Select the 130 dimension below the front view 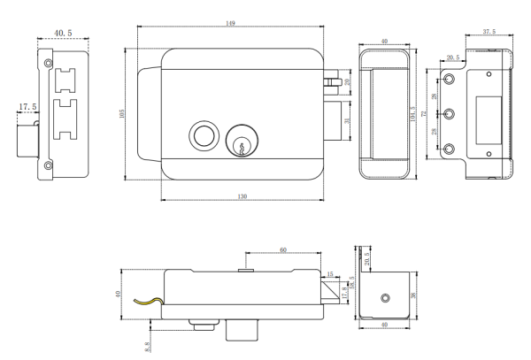point(242,195)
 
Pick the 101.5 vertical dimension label point(413,112)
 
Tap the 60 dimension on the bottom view point(283,250)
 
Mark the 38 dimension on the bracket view point(418,296)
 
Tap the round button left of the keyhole point(202,137)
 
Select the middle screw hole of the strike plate point(448,114)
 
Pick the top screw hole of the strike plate point(448,80)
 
